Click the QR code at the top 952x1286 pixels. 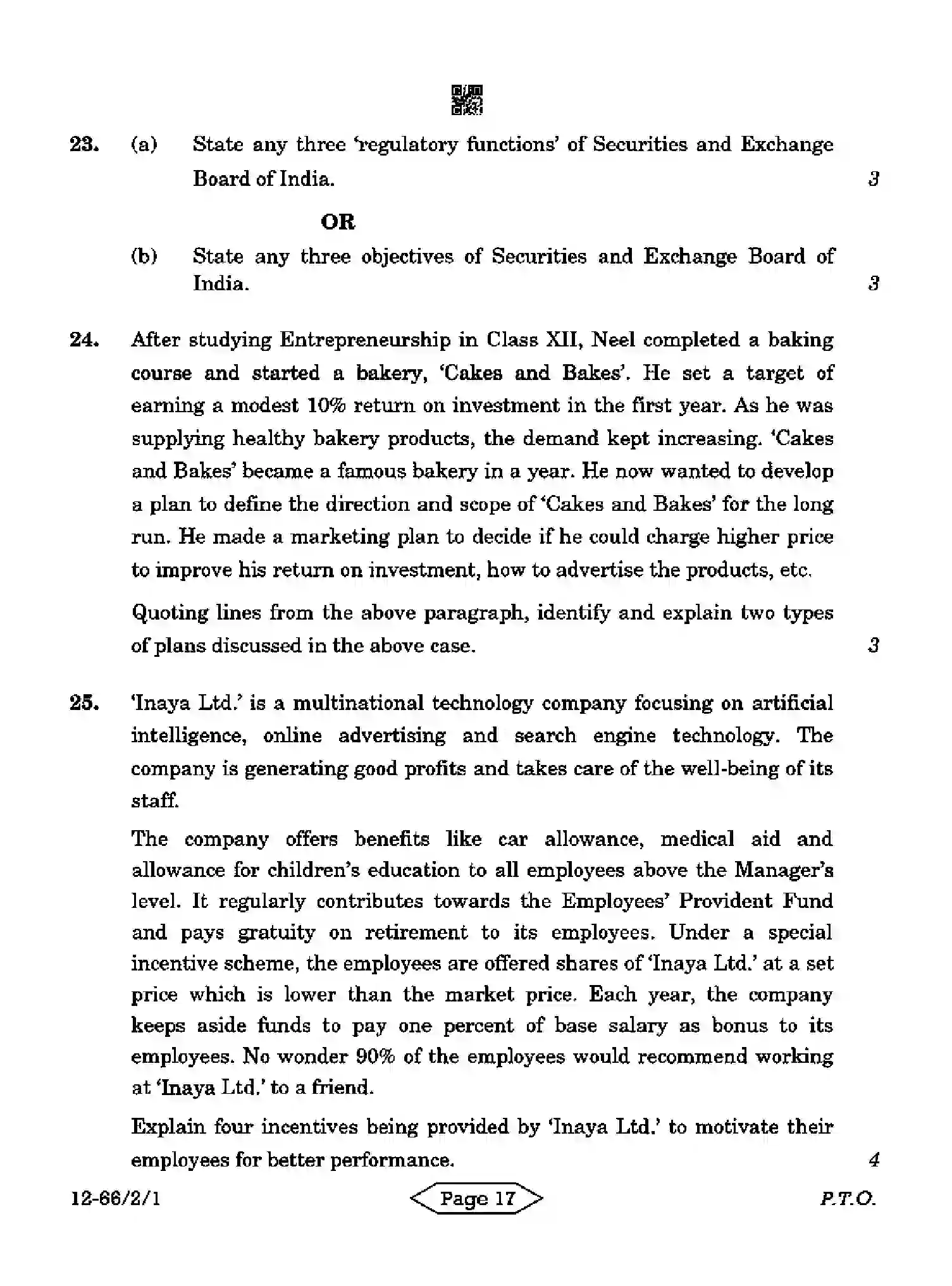click(467, 100)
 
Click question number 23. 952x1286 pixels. click(84, 145)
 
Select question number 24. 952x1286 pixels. click(84, 340)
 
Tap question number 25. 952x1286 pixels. click(84, 703)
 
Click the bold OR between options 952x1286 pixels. click(338, 222)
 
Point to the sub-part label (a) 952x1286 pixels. click(144, 145)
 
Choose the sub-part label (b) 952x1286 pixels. click(144, 256)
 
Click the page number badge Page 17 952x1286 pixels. click(477, 1199)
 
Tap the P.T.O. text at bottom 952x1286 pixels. click(848, 1199)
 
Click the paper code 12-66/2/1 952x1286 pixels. click(115, 1199)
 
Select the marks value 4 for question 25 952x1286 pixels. click(874, 1160)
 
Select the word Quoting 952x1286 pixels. click(168, 613)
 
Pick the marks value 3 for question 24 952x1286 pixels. click(874, 646)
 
